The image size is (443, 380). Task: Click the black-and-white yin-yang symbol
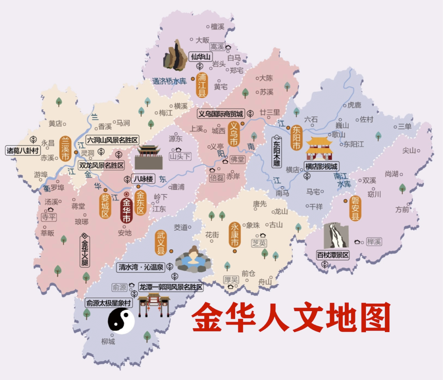tap(121, 321)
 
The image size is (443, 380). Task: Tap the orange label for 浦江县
tap(202, 85)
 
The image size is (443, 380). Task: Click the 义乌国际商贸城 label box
tap(220, 114)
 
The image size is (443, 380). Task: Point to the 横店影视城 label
tap(321, 166)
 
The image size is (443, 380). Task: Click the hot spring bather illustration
tap(192, 259)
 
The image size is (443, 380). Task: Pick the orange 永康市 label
tap(235, 235)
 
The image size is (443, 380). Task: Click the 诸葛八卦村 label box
tap(23, 150)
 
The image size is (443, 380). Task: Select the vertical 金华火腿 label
tap(85, 253)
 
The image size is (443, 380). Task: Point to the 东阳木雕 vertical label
tap(278, 152)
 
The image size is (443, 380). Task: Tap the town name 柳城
tap(108, 341)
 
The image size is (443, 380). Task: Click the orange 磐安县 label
tap(355, 208)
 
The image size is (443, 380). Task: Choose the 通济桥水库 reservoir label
tap(169, 81)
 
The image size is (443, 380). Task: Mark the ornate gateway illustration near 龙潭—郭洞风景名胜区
tap(153, 305)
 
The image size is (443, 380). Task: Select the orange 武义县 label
tap(161, 243)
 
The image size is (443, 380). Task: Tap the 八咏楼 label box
tap(144, 179)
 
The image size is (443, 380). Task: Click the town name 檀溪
tap(217, 27)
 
